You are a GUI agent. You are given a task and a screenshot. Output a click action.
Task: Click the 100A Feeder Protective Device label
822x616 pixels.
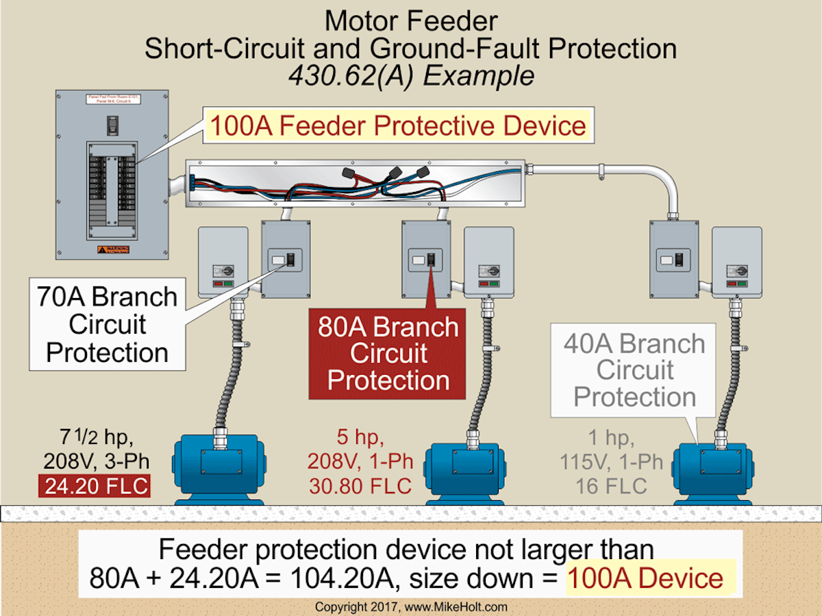click(397, 126)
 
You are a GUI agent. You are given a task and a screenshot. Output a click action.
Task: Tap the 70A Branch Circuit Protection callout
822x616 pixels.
click(107, 325)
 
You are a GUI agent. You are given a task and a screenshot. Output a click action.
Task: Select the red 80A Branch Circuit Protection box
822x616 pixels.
click(388, 354)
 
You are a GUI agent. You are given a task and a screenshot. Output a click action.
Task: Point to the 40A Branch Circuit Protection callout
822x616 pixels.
click(634, 370)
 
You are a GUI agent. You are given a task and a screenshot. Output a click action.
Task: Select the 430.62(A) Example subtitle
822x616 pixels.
click(410, 75)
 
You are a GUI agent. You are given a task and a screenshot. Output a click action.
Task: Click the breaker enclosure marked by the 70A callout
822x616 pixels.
click(285, 259)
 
